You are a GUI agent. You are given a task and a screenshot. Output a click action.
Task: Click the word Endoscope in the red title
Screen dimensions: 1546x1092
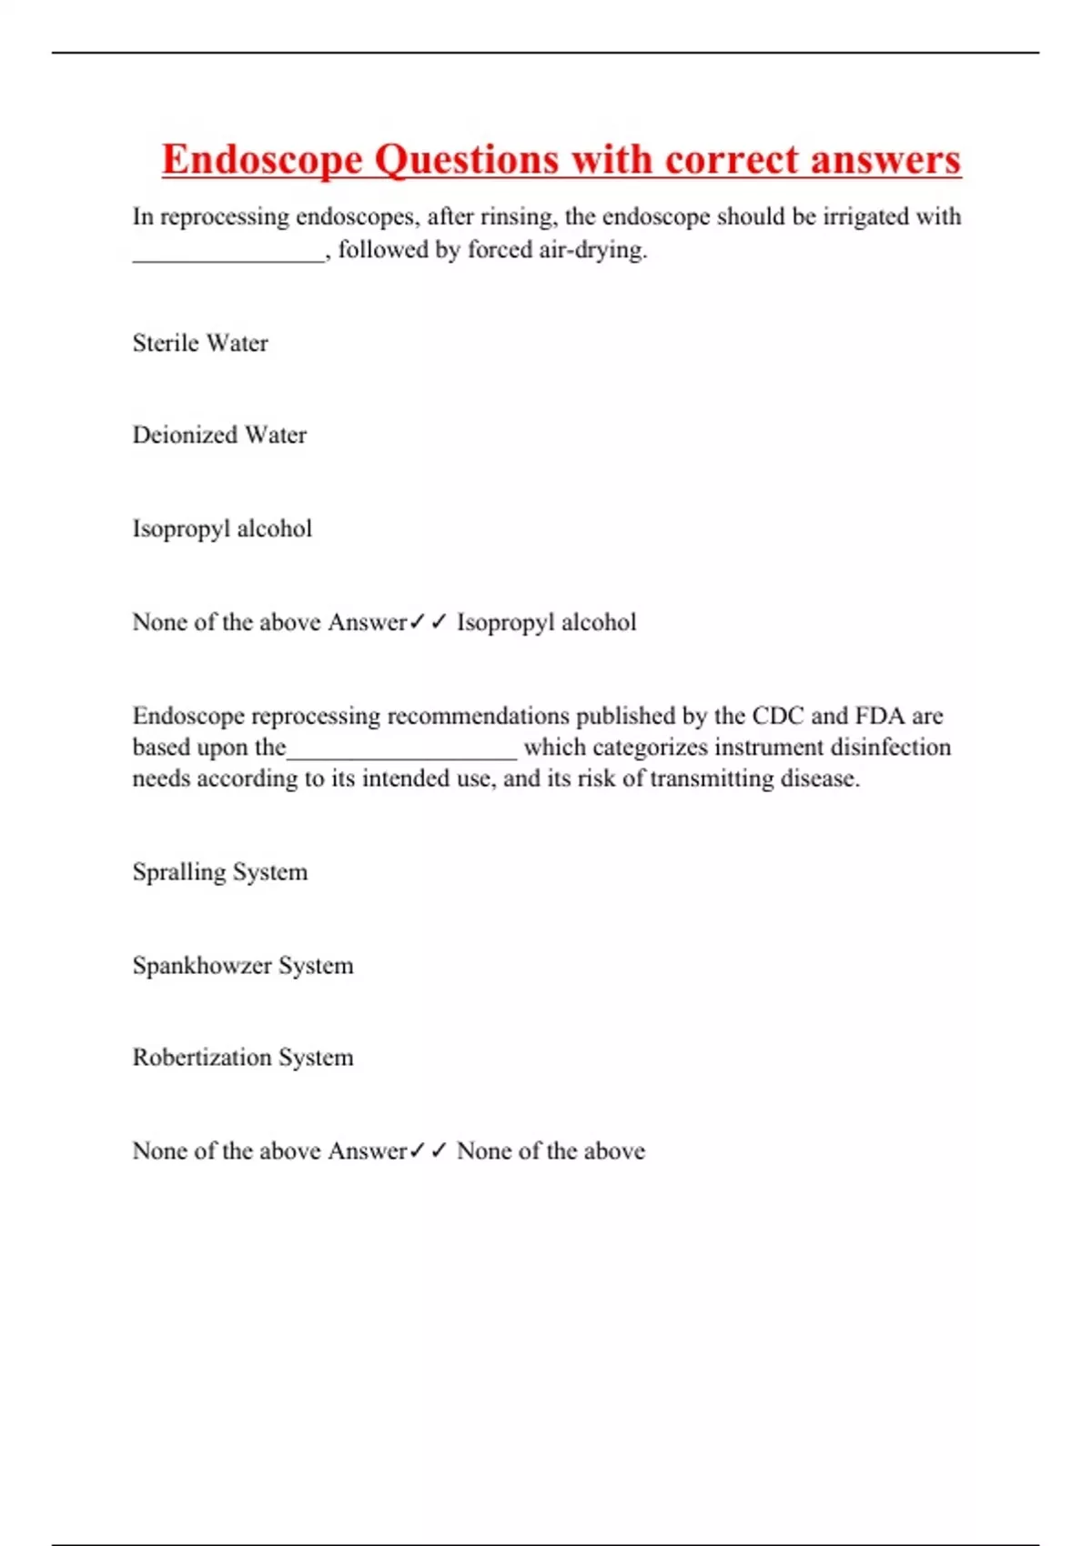point(262,160)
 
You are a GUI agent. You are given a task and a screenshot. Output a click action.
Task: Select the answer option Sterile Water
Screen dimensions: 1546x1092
point(200,343)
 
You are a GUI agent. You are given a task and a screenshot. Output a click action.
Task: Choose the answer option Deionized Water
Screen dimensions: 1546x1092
point(219,435)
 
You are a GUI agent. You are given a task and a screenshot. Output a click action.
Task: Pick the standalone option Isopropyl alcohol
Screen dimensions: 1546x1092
point(222,528)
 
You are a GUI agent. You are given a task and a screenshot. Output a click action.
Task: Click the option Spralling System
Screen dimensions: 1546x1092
point(220,871)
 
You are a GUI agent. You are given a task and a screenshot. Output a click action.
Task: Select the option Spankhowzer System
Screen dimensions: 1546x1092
point(243,965)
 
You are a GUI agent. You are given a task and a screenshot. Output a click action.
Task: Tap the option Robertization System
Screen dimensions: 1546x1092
point(243,1057)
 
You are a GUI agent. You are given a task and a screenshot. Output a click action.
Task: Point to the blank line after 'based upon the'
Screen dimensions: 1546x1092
point(401,753)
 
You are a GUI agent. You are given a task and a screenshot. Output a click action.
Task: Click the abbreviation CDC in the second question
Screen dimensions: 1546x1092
point(777,716)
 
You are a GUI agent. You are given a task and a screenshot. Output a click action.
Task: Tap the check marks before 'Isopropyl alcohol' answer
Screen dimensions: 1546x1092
point(428,622)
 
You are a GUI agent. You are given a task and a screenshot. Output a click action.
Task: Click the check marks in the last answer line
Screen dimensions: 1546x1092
point(428,1150)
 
